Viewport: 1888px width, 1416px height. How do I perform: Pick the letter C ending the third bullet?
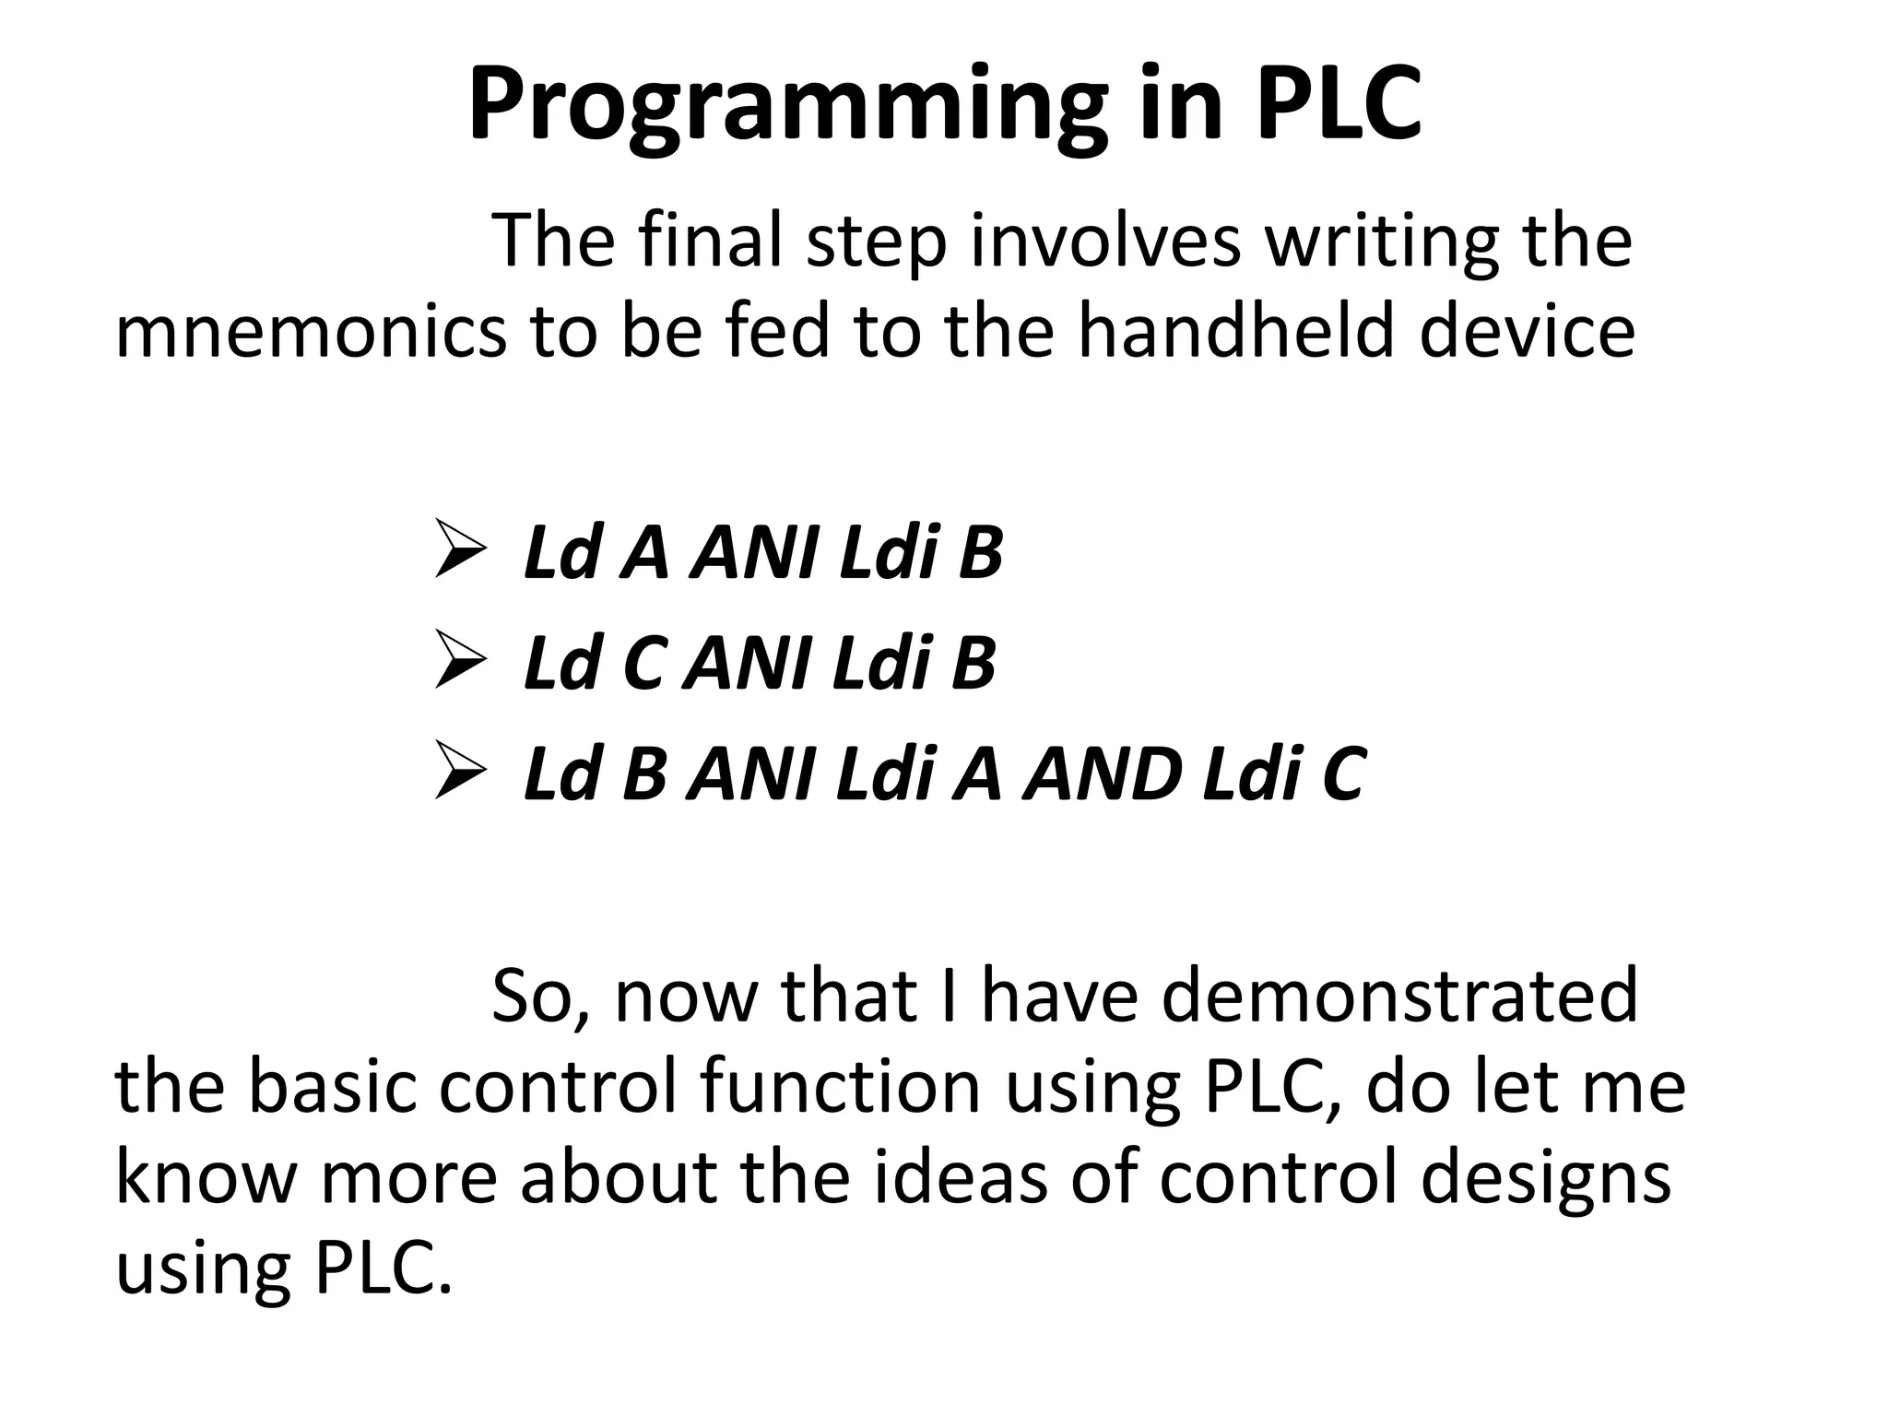click(x=1342, y=773)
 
